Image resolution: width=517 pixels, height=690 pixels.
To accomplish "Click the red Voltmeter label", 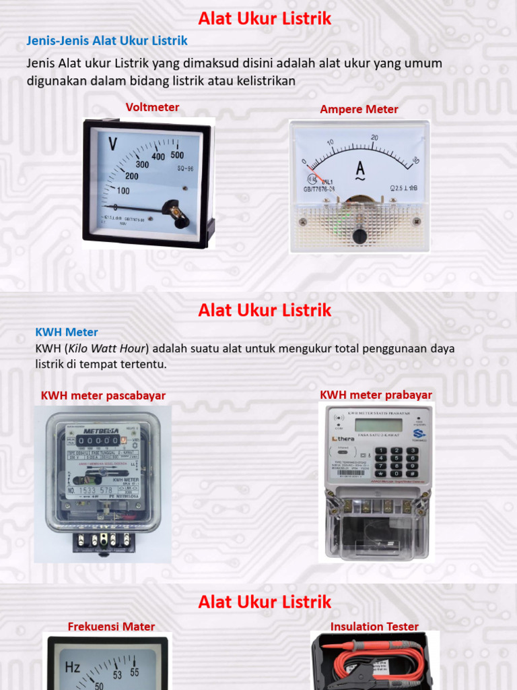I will tap(152, 108).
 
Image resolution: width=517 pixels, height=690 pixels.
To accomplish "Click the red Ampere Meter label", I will tap(359, 109).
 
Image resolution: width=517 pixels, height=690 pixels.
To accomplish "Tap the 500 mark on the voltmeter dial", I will tap(177, 155).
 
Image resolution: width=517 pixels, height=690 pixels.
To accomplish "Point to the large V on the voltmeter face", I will tap(112, 144).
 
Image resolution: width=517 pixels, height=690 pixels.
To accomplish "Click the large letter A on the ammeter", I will tap(360, 168).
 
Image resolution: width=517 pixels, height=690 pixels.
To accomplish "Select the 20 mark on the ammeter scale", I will tap(374, 137).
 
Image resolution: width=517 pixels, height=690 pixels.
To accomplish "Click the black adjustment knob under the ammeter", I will tap(360, 236).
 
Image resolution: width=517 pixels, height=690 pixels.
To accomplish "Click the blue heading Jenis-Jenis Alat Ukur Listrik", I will tap(107, 41).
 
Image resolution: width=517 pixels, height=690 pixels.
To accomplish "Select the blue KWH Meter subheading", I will tap(67, 332).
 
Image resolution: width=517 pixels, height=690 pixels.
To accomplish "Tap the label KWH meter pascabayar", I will tap(103, 396).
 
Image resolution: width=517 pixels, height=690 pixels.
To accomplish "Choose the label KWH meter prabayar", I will tap(376, 395).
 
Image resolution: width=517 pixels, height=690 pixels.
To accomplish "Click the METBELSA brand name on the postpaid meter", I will tap(101, 430).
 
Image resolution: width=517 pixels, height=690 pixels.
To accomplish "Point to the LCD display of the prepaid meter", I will tap(378, 425).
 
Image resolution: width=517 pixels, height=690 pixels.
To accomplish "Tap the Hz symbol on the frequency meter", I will tap(73, 668).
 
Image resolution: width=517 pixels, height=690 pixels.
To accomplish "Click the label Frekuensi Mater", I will tap(111, 627).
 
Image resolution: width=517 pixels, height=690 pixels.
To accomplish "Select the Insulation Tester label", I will tap(374, 627).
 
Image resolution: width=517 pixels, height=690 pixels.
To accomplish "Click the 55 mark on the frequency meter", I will tap(135, 672).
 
